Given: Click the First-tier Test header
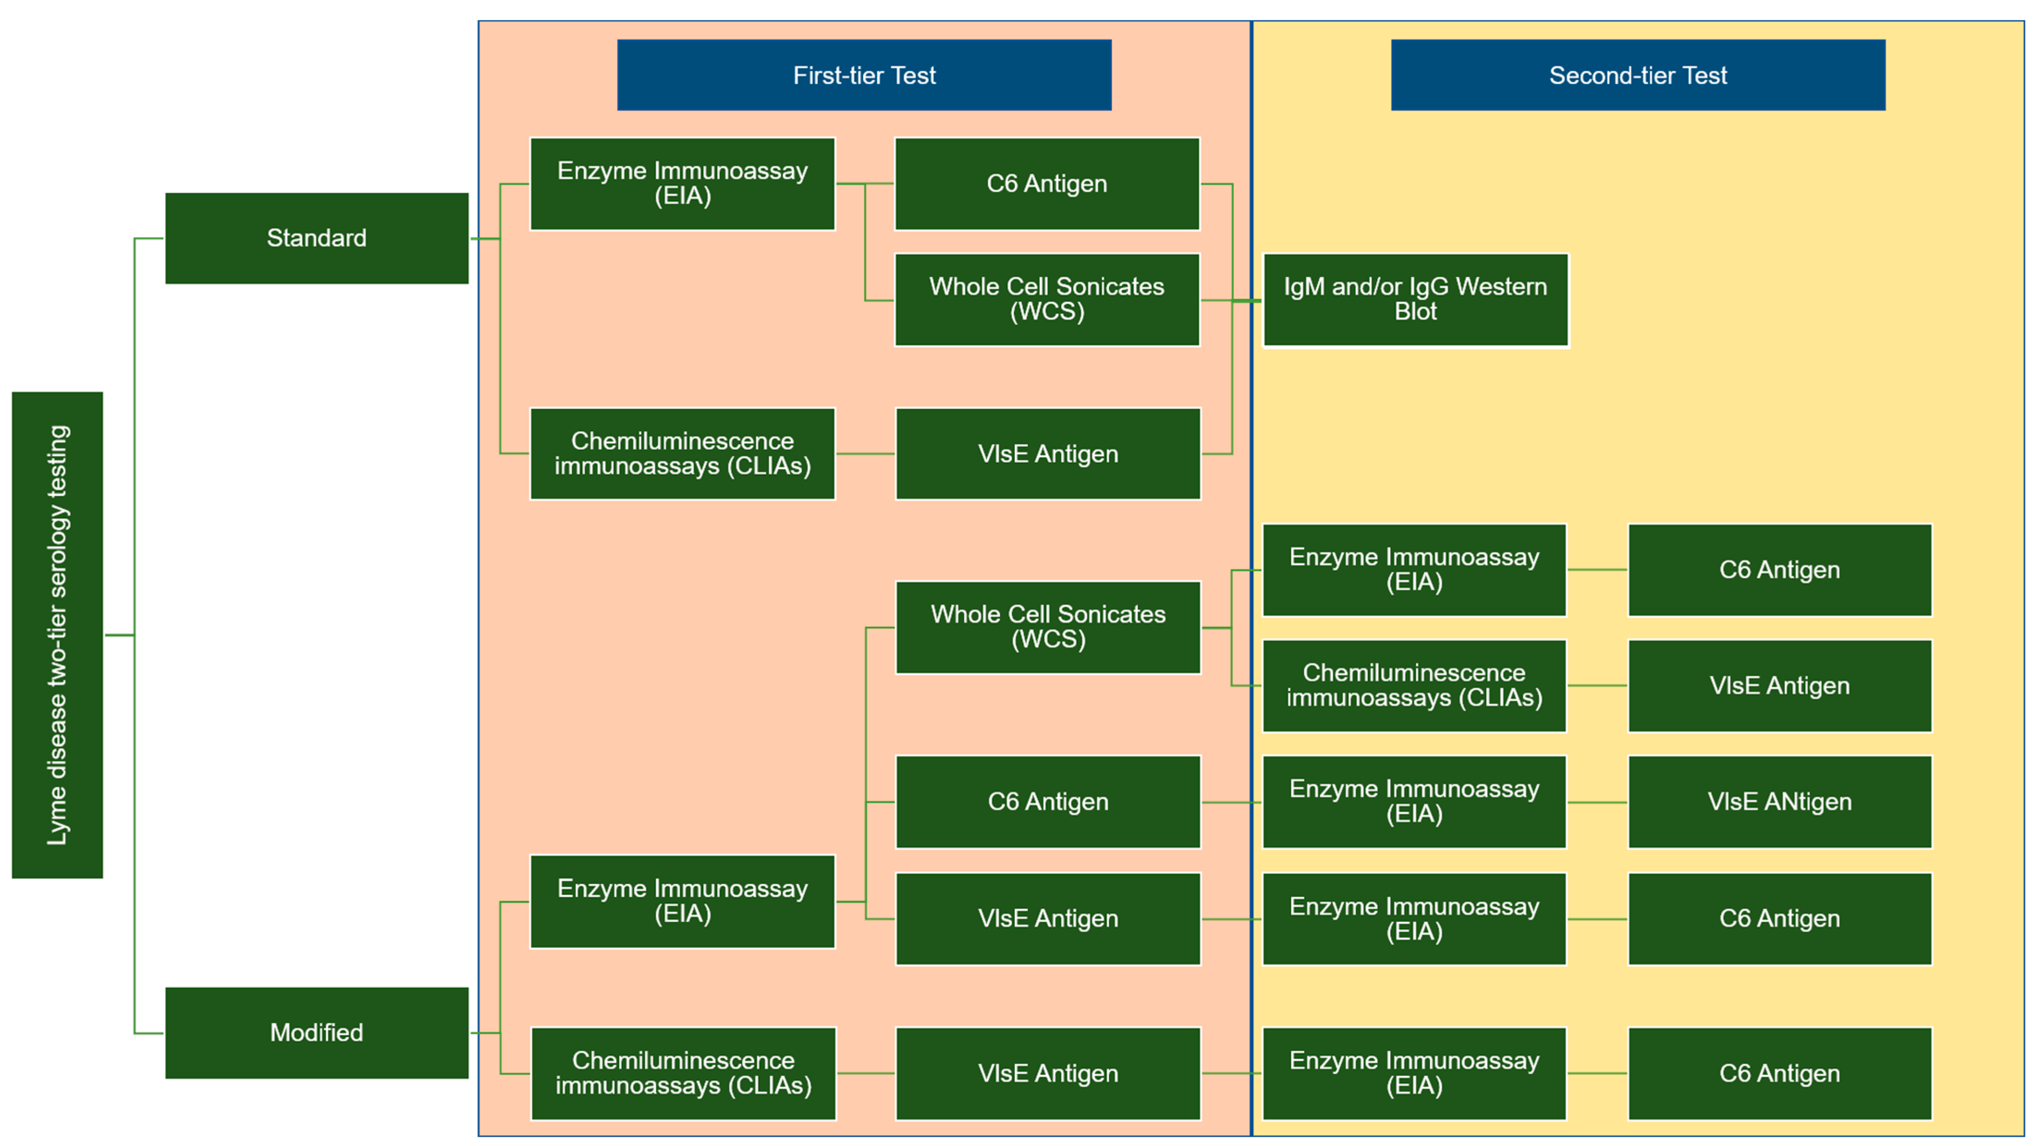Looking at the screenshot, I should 864,75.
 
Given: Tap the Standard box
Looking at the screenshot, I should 316,238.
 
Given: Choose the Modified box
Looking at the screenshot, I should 316,1032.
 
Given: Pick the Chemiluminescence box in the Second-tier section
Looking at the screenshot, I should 1414,685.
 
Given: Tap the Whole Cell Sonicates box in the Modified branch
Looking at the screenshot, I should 1048,627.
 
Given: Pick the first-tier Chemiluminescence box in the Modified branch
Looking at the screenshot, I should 683,1073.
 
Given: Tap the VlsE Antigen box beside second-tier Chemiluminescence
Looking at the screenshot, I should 1779,685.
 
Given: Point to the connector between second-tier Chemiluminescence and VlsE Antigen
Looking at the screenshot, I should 1597,686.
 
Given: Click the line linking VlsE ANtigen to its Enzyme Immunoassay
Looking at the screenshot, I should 1597,802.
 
